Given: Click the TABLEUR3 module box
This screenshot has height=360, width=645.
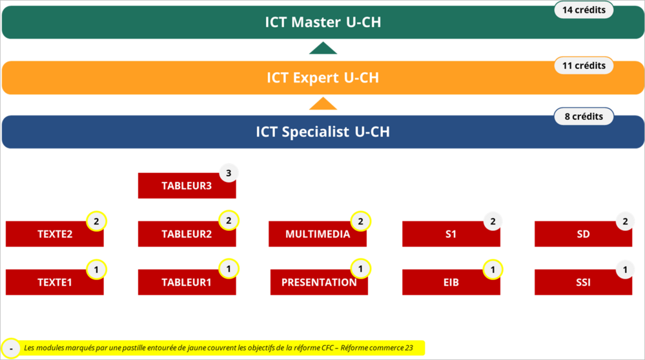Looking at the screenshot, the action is click(187, 186).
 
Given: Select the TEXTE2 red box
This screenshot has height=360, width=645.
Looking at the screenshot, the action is click(55, 234).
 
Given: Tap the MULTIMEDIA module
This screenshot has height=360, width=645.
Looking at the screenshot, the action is click(318, 234).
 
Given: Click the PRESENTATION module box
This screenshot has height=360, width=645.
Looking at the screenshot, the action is click(319, 283).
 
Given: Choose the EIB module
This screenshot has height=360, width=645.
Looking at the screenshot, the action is click(451, 283).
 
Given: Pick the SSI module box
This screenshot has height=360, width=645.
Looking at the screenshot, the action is click(583, 283).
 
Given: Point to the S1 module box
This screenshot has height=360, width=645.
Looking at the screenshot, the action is click(451, 234).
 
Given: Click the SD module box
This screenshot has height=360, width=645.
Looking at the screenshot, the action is click(583, 234).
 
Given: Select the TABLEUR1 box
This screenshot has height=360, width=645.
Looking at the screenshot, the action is click(187, 283).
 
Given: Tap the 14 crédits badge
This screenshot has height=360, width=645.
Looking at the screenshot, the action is click(584, 10).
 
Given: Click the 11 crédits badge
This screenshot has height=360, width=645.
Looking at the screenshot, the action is click(584, 65).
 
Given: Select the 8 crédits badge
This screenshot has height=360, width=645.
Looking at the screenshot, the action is click(584, 116).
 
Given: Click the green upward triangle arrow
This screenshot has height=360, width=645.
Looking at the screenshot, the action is click(323, 48).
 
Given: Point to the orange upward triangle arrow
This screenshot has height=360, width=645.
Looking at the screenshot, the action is click(323, 104).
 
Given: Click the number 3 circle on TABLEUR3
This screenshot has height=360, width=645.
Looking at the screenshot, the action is click(229, 173).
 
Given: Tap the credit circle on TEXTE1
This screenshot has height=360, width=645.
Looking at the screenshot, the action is click(96, 270).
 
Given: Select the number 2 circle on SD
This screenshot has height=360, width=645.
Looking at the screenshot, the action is click(625, 221).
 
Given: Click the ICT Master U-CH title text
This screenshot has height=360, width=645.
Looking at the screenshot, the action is click(323, 22).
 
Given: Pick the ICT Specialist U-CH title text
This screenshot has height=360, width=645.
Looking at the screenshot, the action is click(323, 132).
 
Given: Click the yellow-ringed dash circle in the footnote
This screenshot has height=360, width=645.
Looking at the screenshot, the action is click(11, 349).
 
